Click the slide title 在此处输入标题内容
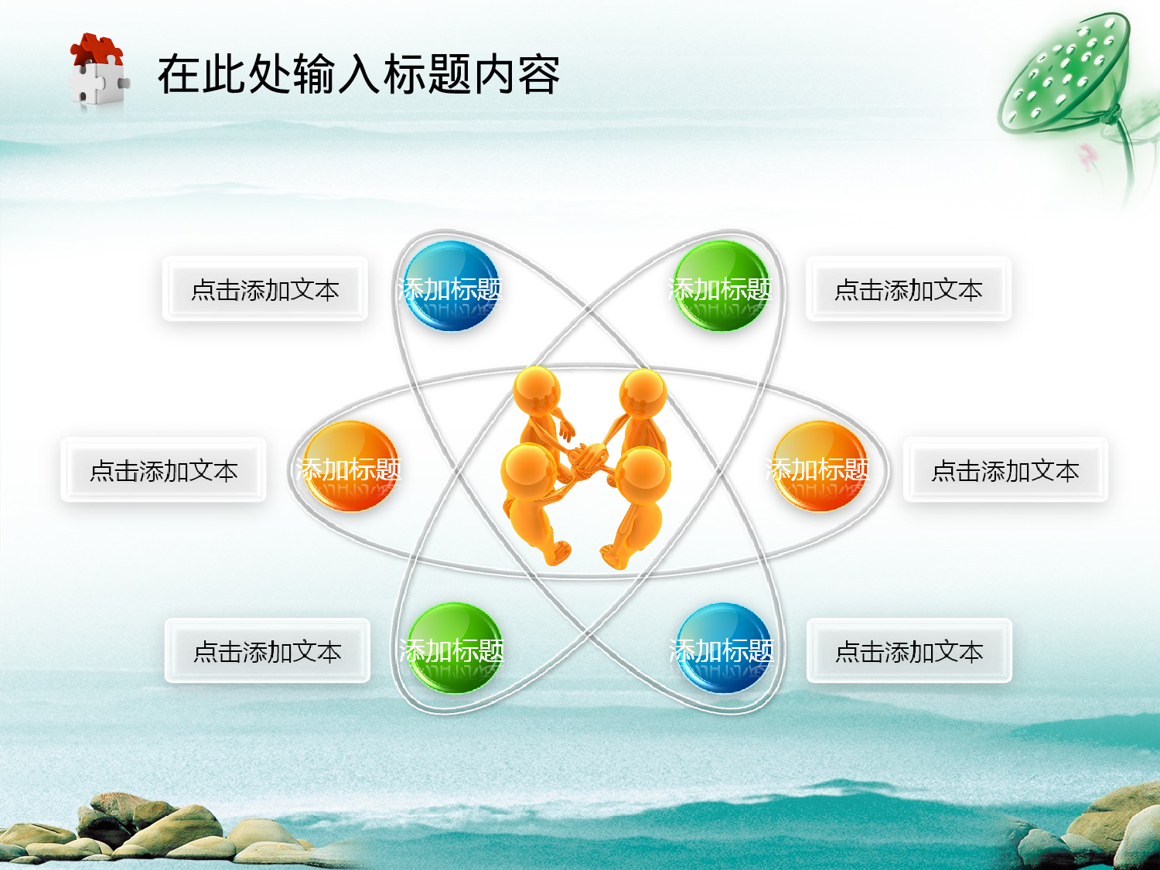pos(358,75)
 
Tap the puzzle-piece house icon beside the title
pos(98,72)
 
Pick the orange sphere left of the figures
pos(350,466)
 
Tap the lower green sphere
pos(453,648)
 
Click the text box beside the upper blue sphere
pos(265,290)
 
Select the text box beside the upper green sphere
pos(909,290)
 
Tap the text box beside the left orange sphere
pos(163,470)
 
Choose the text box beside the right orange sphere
pos(1005,470)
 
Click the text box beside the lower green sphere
pos(268,651)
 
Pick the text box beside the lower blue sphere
pos(909,651)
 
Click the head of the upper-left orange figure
pos(537,391)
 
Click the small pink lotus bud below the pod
pos(1088,155)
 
